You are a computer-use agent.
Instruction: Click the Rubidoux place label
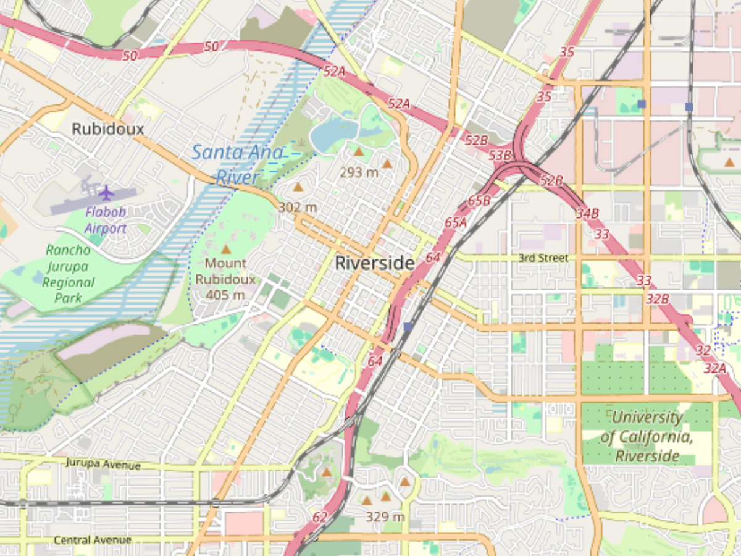pos(108,129)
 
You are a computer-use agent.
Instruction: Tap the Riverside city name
pos(374,263)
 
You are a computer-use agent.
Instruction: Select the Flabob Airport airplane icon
pos(106,193)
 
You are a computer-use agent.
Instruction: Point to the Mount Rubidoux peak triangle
pos(225,250)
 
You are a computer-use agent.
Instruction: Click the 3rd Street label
pos(543,258)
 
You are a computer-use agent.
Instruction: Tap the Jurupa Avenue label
pos(103,464)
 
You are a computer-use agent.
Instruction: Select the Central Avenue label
pos(93,540)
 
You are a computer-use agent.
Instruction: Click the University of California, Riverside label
pos(647,437)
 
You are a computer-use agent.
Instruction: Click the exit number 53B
pos(500,155)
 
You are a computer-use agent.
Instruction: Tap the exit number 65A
pos(455,222)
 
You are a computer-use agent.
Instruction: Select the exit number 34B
pos(587,214)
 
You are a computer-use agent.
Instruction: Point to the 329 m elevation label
pos(385,516)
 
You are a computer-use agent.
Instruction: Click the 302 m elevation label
pos(298,208)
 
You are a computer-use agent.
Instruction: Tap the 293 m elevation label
pos(359,173)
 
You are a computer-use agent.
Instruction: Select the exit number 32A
pos(715,368)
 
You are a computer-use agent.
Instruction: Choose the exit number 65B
pos(479,201)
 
